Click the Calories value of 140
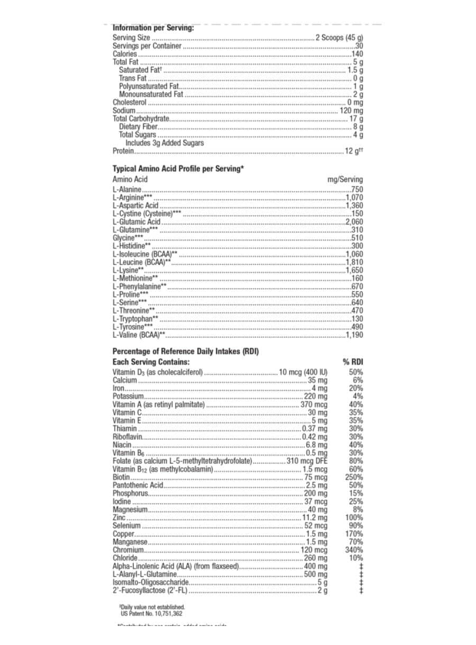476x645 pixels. tap(357, 54)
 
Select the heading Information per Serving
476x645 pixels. tap(153, 28)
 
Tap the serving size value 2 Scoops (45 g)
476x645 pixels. tap(339, 38)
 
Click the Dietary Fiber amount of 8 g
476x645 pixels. tap(358, 127)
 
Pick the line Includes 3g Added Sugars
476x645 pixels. tap(164, 143)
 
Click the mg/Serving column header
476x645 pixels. tap(345, 180)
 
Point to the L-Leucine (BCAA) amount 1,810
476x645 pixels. tap(354, 262)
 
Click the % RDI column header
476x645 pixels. tap(353, 362)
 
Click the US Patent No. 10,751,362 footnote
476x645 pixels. tap(151, 614)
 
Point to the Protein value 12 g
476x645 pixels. tap(354, 151)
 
